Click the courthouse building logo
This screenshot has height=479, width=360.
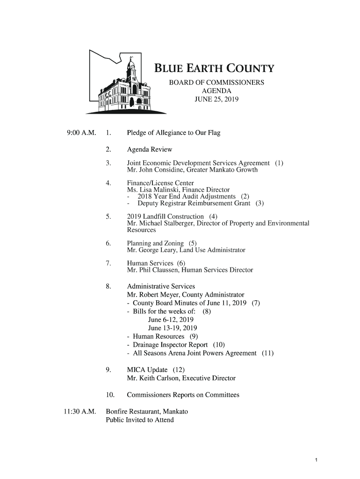pyautogui.click(x=124, y=84)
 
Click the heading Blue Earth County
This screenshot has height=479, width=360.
pyautogui.click(x=214, y=70)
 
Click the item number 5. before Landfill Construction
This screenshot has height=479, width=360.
pyautogui.click(x=108, y=217)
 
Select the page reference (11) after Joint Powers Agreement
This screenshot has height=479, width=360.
pyautogui.click(x=267, y=353)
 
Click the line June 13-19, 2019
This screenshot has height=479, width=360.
pyautogui.click(x=173, y=328)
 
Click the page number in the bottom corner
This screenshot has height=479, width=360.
pyautogui.click(x=317, y=460)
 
